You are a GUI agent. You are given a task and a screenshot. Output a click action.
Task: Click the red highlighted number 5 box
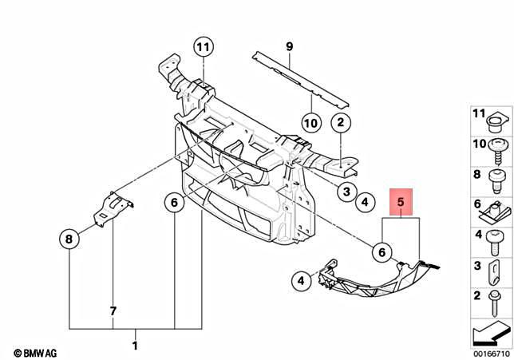point(401,204)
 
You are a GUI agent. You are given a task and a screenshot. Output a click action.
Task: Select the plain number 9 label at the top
point(290,45)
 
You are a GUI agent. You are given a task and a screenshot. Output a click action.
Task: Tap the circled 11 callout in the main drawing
point(204,47)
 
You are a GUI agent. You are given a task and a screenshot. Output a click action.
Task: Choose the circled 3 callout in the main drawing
point(346,192)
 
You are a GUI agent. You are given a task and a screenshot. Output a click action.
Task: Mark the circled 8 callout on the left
point(70,238)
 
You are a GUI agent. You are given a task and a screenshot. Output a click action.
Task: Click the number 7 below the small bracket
point(113,310)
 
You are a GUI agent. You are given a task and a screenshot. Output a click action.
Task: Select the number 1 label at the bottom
point(134,346)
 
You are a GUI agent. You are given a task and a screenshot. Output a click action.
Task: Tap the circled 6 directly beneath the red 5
point(382,252)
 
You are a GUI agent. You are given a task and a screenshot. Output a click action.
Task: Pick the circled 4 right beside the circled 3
point(364,203)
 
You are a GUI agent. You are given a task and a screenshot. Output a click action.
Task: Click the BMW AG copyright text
point(35,351)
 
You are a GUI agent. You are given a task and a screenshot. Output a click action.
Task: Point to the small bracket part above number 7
point(113,210)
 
